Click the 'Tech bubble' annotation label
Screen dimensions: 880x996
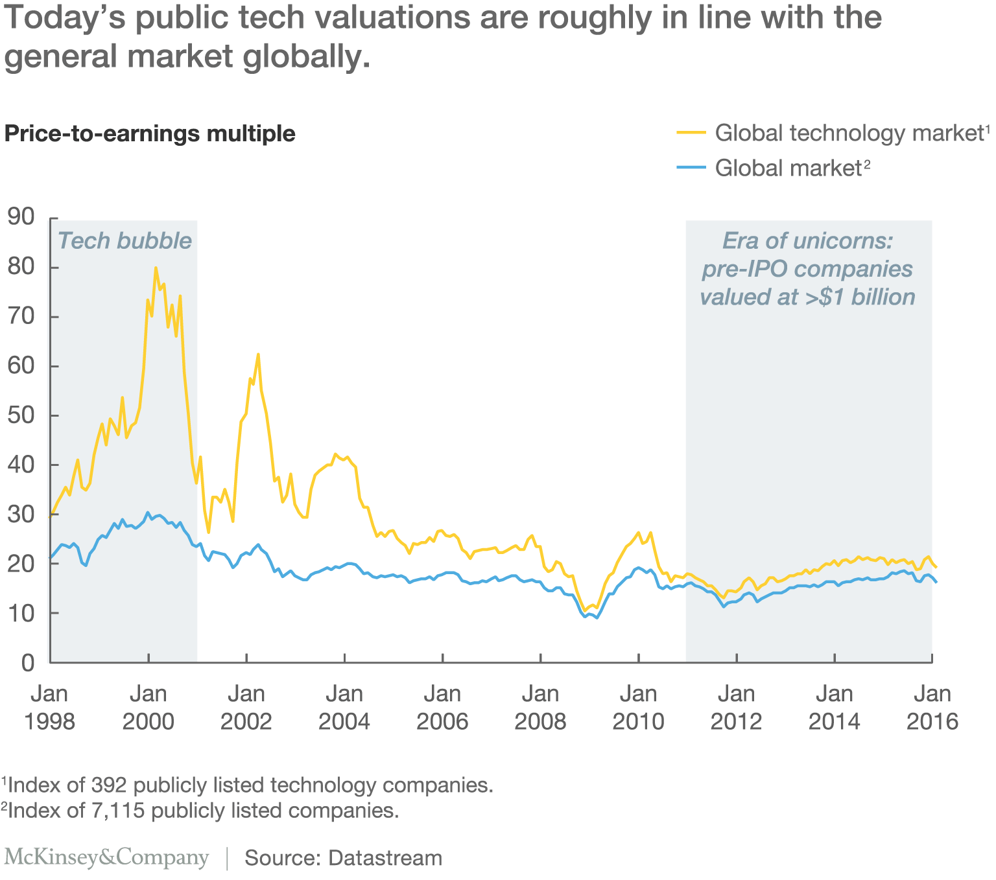pos(124,240)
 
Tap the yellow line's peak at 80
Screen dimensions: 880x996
pos(156,268)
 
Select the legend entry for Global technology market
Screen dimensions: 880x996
pos(849,133)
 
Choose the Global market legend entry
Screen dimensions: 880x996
pos(787,168)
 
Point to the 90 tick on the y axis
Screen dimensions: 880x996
pos(21,218)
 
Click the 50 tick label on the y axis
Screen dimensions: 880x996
pos(21,415)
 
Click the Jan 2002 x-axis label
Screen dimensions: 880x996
pos(246,707)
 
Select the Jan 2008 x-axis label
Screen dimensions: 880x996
pos(540,707)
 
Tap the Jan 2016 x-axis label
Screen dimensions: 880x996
pos(932,707)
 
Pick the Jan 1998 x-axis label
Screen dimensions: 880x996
pos(50,707)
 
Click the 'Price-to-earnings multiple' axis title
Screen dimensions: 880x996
pos(150,133)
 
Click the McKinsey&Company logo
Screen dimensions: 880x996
pos(106,857)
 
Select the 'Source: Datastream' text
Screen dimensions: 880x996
pos(343,858)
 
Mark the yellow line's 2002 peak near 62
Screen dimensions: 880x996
pos(258,354)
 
